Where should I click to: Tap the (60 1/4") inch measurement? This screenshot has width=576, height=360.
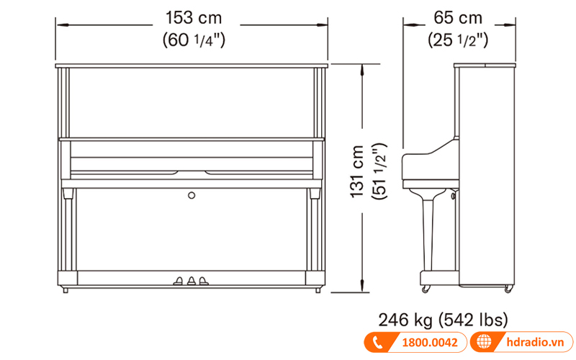click(192, 40)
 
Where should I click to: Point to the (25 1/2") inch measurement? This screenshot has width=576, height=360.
click(458, 40)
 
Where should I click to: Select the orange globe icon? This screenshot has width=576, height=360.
click(482, 343)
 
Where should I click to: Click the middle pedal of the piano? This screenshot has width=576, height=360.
click(192, 281)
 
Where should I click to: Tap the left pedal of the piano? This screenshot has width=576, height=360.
click(178, 281)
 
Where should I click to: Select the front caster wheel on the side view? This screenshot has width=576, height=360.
click(426, 289)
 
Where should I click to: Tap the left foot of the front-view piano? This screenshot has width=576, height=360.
click(66, 290)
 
